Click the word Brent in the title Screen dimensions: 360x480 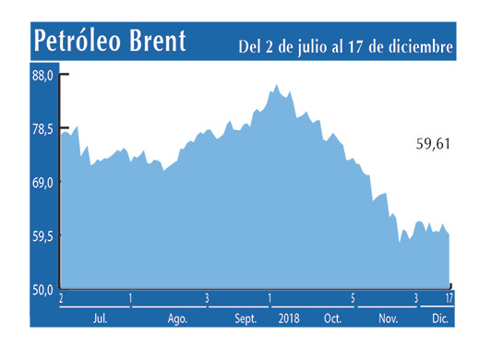(x=158, y=42)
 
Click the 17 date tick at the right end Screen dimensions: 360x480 (x=449, y=298)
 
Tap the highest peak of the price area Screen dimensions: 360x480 (x=277, y=85)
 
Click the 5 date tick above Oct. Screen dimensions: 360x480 (x=353, y=298)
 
